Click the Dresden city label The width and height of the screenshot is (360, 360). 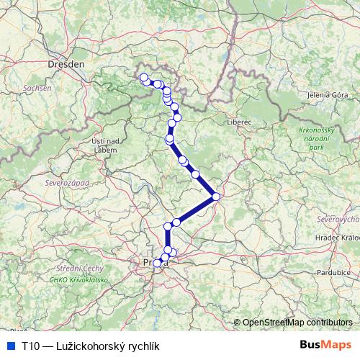point(66,64)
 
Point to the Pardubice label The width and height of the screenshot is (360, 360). point(333,273)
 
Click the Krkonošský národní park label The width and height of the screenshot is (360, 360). point(318,138)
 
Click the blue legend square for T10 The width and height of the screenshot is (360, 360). point(9,346)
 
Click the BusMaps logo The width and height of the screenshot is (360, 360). point(326,345)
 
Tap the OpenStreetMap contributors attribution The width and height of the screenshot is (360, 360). point(297,323)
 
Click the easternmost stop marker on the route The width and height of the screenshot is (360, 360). point(216,196)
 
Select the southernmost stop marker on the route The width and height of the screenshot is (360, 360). point(158,263)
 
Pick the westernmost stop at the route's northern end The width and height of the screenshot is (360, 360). point(143,77)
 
